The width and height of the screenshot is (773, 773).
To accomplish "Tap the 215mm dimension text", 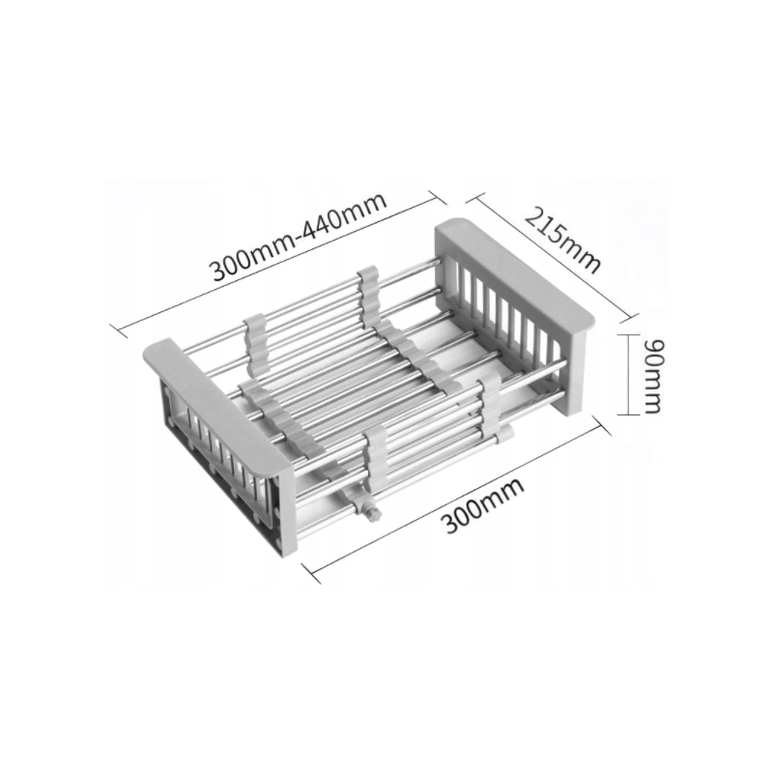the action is tap(562, 240).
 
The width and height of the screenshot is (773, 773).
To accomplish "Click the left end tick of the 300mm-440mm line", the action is tap(119, 330).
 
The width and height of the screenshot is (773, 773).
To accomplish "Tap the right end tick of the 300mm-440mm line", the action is tap(438, 197).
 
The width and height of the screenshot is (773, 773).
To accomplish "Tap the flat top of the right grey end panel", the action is tap(514, 272).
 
